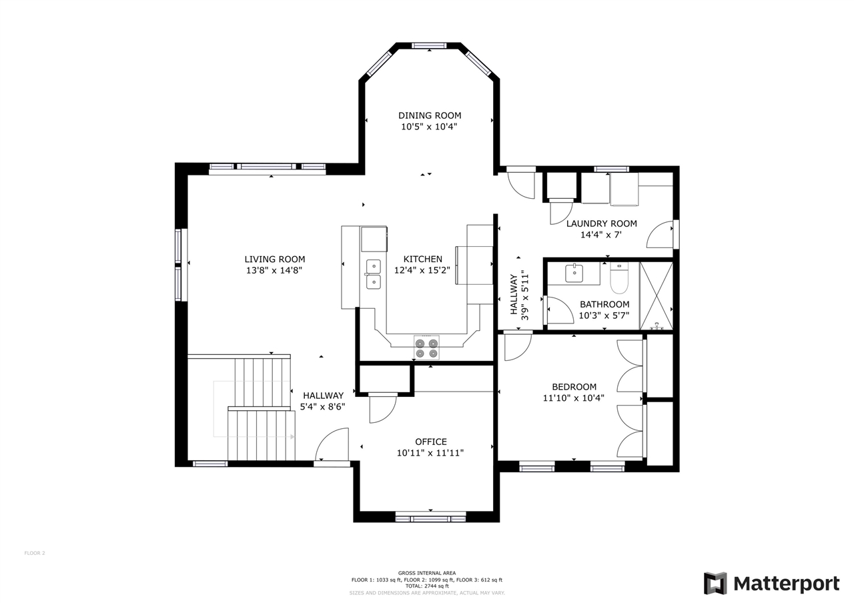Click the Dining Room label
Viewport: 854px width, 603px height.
pyautogui.click(x=430, y=115)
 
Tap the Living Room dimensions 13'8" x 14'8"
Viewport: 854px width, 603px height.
pyautogui.click(x=274, y=271)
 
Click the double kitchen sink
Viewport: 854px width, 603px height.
pyautogui.click(x=373, y=274)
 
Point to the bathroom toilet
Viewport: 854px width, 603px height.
pyautogui.click(x=619, y=278)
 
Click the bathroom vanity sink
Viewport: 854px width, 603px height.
pyautogui.click(x=574, y=273)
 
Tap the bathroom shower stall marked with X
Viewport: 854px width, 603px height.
pyautogui.click(x=656, y=295)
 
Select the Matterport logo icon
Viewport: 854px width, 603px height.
pyautogui.click(x=715, y=583)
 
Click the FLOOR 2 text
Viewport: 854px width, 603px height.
pyautogui.click(x=35, y=553)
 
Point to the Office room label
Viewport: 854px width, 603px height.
pyautogui.click(x=430, y=442)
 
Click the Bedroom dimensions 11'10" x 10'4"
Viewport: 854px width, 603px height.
pyautogui.click(x=574, y=398)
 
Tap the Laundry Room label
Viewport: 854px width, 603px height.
pyautogui.click(x=601, y=223)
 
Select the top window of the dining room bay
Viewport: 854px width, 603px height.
pyautogui.click(x=429, y=45)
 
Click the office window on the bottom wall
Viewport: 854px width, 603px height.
pyautogui.click(x=430, y=518)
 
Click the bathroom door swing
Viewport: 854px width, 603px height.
pyautogui.click(x=559, y=311)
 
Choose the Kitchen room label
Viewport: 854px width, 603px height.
pyautogui.click(x=422, y=259)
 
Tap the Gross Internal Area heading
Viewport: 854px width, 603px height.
pyautogui.click(x=427, y=573)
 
